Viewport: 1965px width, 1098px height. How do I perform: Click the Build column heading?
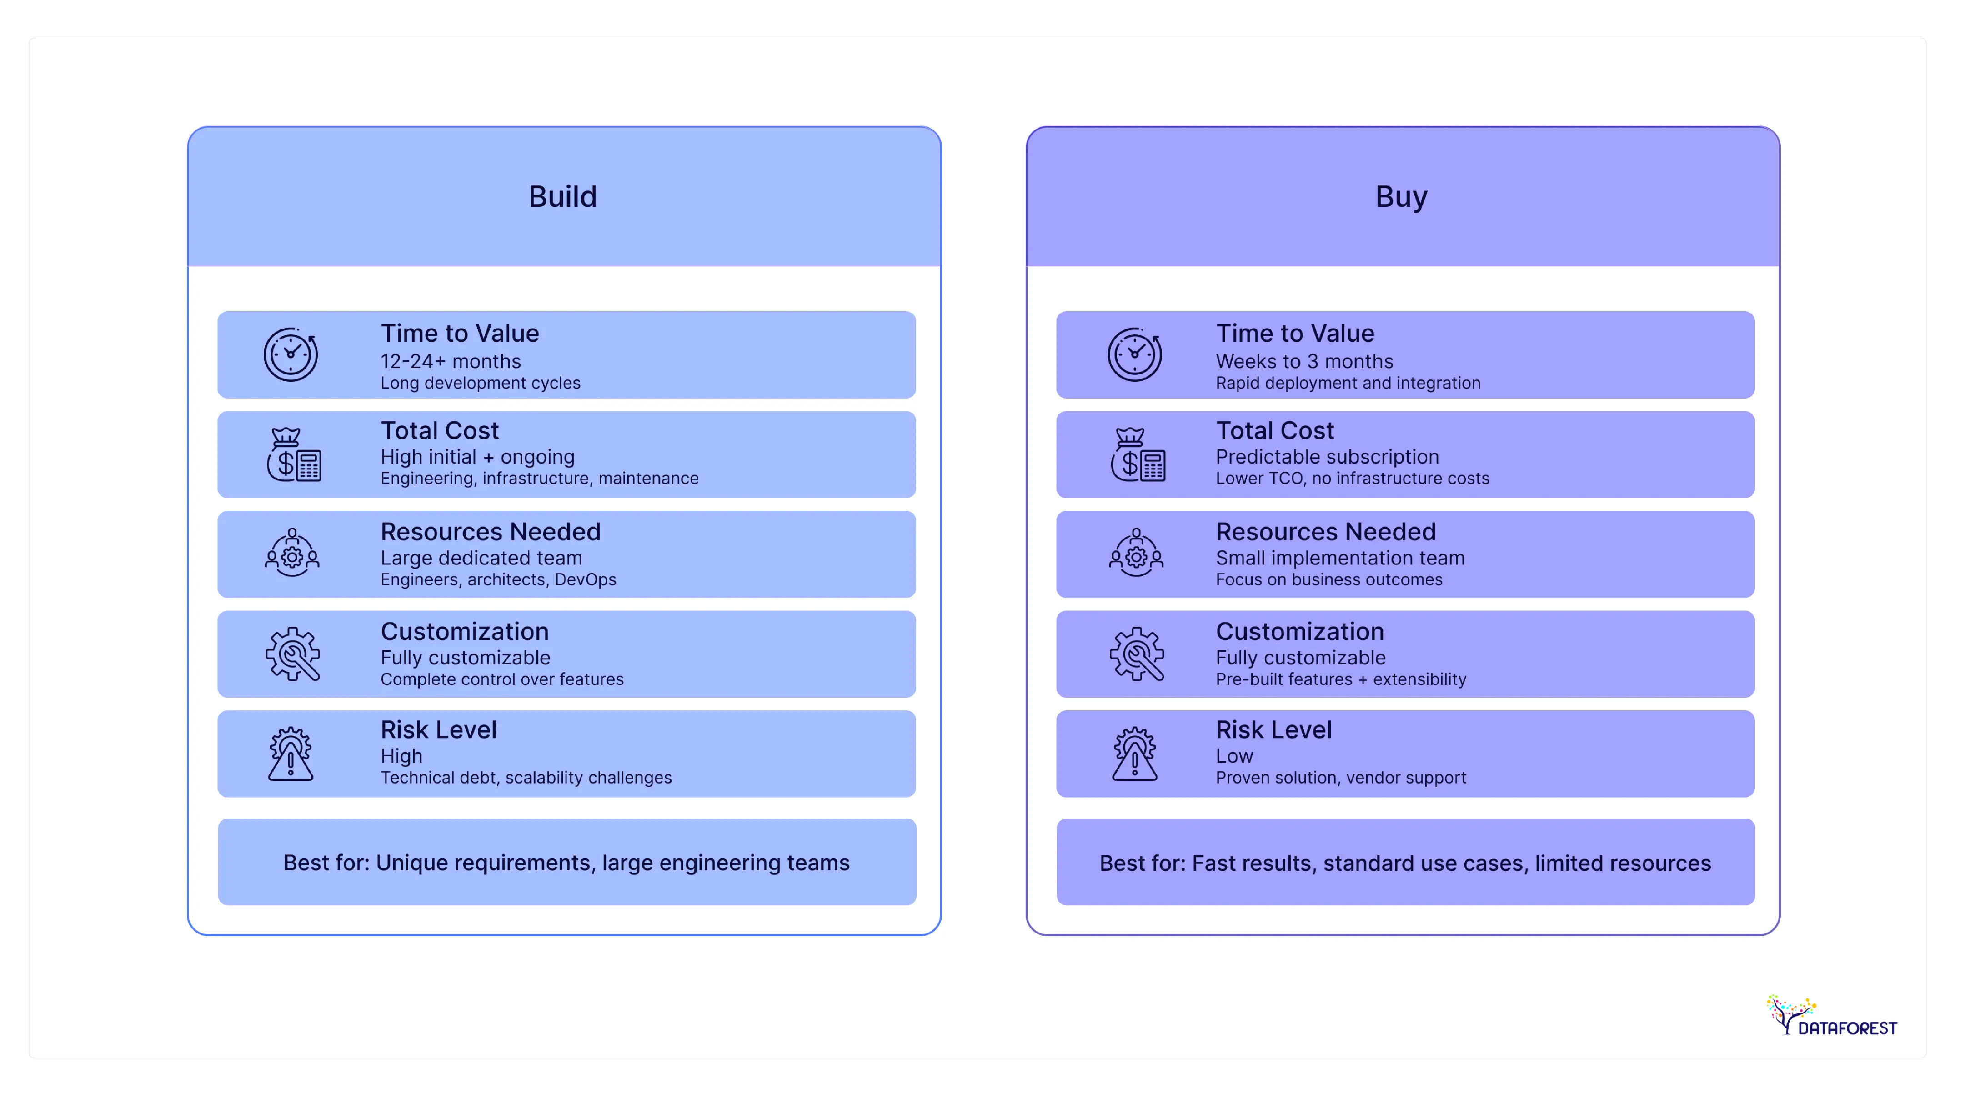point(563,197)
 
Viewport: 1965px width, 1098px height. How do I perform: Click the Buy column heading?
point(1401,197)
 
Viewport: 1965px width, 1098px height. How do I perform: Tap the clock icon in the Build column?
point(291,354)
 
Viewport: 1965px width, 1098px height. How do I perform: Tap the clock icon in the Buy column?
point(1135,354)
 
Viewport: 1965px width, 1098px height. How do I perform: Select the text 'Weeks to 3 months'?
point(1304,361)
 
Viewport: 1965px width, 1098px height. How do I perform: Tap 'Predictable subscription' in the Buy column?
point(1327,457)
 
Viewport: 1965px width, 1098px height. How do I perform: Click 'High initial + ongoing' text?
point(477,457)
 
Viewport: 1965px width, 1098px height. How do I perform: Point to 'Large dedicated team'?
point(481,558)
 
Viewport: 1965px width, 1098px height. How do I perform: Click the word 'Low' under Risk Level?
point(1234,756)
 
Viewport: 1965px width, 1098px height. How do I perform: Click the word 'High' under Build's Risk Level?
point(401,756)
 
